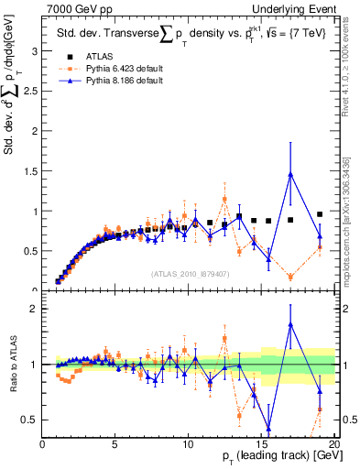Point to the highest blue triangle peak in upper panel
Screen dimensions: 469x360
pos(290,174)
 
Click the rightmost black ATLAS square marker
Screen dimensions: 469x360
pos(320,214)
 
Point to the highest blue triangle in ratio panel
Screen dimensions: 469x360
pos(290,323)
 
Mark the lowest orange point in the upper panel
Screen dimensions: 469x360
pos(290,277)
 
